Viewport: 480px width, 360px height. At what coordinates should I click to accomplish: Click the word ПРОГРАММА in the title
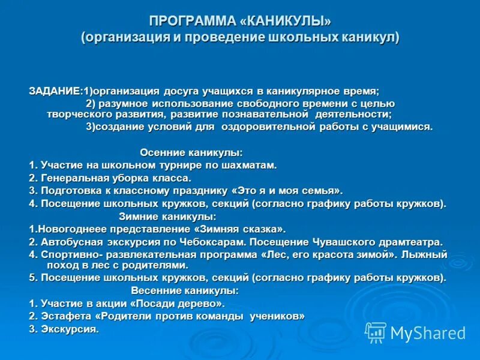(192, 22)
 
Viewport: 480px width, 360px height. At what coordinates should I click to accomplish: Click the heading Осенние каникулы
(191, 152)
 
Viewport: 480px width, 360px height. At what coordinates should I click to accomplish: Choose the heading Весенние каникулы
(184, 290)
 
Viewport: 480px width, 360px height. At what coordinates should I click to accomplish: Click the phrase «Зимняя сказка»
(239, 229)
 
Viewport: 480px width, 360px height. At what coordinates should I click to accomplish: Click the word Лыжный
(425, 254)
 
